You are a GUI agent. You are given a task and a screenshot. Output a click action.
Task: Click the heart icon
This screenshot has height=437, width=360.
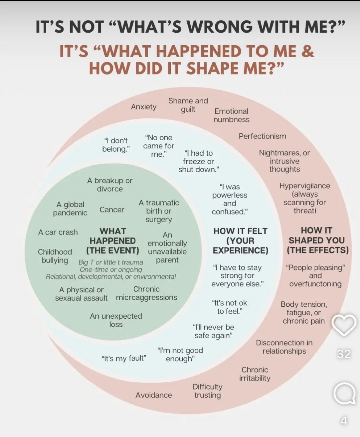(344, 325)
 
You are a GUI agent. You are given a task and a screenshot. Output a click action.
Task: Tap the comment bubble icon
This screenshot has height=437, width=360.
(344, 394)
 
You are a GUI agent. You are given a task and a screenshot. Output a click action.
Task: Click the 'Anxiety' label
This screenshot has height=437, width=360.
(143, 107)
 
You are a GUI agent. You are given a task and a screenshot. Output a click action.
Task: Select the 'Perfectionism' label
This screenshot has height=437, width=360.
(262, 136)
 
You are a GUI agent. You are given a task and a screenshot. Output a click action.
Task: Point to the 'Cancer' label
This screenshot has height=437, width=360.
(112, 210)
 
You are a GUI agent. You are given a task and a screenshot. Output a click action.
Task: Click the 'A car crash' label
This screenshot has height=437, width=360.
(58, 232)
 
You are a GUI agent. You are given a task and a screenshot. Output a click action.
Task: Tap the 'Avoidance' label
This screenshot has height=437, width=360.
(154, 395)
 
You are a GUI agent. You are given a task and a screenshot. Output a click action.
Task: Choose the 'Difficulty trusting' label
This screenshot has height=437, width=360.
(208, 391)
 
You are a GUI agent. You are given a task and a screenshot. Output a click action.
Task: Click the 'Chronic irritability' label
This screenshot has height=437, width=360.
(255, 374)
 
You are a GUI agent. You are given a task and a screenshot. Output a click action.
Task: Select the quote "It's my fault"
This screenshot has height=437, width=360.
(124, 358)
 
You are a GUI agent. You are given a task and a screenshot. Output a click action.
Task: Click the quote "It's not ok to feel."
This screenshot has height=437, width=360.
(229, 307)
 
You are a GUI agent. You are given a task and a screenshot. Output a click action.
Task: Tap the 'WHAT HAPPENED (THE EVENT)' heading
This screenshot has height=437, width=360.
(113, 240)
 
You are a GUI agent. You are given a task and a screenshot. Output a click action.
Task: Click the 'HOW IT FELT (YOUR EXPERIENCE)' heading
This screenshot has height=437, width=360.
(240, 240)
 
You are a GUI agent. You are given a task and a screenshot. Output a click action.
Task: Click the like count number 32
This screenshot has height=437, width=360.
(344, 354)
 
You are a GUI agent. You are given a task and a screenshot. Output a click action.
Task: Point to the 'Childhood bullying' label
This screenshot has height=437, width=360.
(55, 256)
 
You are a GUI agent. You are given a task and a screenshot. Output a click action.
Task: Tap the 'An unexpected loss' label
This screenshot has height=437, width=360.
(116, 320)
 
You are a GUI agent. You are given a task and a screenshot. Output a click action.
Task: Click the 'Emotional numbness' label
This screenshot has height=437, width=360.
(231, 115)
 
